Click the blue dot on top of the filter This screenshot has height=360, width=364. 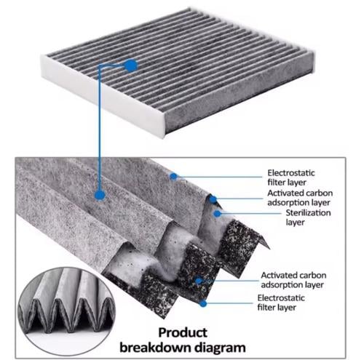131,65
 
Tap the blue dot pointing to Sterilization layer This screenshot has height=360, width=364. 218,213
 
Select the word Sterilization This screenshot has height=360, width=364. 308,212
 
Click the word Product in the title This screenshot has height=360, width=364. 183,332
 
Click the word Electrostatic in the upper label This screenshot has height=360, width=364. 291,173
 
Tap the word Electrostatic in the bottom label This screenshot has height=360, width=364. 281,297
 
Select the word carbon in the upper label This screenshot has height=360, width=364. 320,193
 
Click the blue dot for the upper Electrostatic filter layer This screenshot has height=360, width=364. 173,177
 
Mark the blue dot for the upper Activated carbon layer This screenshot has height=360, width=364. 213,199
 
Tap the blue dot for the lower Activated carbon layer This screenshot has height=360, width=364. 199,281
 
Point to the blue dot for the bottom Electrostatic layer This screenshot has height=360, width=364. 203,303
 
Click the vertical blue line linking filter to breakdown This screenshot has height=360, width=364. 99,129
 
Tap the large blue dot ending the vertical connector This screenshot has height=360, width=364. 100,195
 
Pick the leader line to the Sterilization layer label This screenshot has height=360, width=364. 250,214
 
